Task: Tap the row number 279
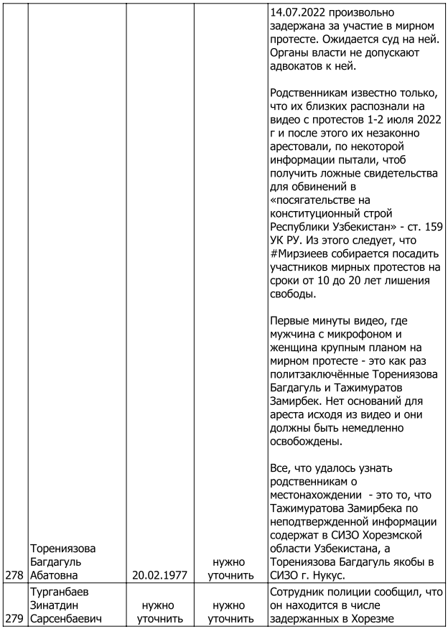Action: click(13, 618)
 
